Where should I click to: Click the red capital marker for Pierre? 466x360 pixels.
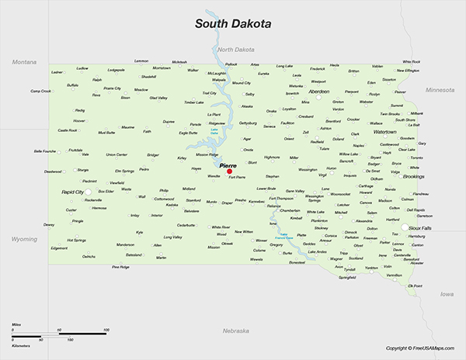pyautogui.click(x=229, y=172)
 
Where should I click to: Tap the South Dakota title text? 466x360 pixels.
pyautogui.click(x=232, y=24)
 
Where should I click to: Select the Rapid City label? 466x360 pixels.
pyautogui.click(x=73, y=190)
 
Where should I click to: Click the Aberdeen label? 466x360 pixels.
pyautogui.click(x=315, y=91)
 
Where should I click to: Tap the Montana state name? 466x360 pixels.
pyautogui.click(x=24, y=61)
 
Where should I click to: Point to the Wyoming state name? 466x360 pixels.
pyautogui.click(x=23, y=239)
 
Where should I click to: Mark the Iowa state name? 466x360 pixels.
pyautogui.click(x=447, y=295)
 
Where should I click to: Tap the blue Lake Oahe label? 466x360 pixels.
pyautogui.click(x=214, y=133)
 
